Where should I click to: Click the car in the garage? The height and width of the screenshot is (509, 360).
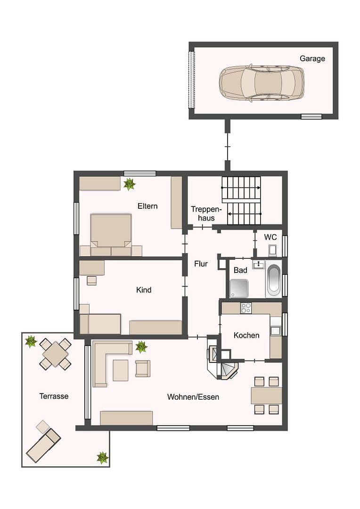(x=262, y=83)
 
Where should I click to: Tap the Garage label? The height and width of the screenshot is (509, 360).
(x=312, y=59)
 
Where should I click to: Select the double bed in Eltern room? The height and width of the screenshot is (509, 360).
(x=111, y=231)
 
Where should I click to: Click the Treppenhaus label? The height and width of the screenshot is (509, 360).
(x=206, y=213)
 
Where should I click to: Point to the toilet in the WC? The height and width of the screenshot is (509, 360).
(x=273, y=250)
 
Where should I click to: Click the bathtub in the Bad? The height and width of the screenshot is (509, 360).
(x=273, y=279)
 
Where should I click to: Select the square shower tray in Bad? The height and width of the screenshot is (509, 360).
(x=239, y=288)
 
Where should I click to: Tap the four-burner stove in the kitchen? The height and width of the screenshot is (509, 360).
(x=246, y=308)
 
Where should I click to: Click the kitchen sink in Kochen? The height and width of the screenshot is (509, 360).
(x=275, y=330)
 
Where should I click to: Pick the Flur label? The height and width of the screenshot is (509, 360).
(x=201, y=264)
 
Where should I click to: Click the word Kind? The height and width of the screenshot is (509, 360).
(x=144, y=290)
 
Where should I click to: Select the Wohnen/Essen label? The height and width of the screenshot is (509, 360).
(x=193, y=397)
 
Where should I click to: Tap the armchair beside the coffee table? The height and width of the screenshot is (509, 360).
(x=143, y=368)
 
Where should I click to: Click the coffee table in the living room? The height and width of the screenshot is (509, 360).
(x=120, y=370)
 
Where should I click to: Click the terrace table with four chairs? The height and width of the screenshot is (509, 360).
(x=56, y=354)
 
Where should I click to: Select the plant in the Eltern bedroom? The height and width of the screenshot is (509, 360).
(x=129, y=184)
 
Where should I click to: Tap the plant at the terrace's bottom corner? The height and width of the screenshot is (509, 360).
(x=102, y=457)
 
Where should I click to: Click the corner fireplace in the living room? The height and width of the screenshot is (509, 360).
(x=228, y=370)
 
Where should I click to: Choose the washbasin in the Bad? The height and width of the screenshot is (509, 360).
(x=258, y=265)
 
